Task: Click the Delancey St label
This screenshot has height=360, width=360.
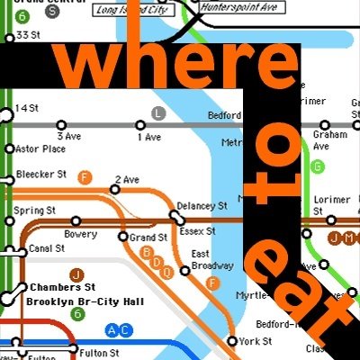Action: click(x=202, y=206)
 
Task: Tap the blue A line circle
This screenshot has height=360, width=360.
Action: click(x=112, y=329)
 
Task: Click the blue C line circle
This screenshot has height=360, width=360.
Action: click(x=124, y=329)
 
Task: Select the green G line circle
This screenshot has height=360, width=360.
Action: click(x=317, y=166)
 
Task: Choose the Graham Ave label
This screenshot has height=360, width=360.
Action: click(x=322, y=140)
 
